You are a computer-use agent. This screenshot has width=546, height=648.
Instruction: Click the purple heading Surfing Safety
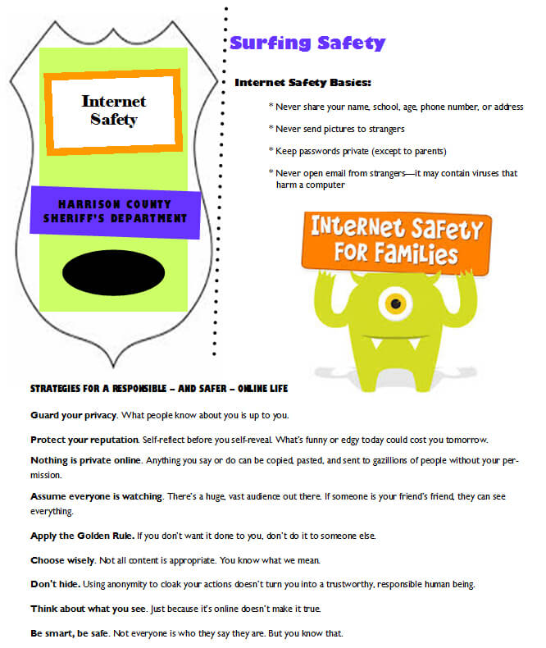(x=307, y=43)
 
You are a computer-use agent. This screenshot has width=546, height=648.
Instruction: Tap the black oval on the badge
(x=113, y=272)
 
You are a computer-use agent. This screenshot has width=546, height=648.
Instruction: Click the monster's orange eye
(x=395, y=303)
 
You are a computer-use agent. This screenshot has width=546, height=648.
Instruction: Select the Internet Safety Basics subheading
(x=303, y=83)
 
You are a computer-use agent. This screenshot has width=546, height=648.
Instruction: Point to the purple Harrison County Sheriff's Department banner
(x=116, y=212)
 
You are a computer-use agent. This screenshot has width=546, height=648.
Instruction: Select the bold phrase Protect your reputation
(x=84, y=439)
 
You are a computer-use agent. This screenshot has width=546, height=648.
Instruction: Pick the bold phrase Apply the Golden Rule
(x=82, y=536)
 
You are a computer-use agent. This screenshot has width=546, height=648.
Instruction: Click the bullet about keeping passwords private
(x=357, y=151)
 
